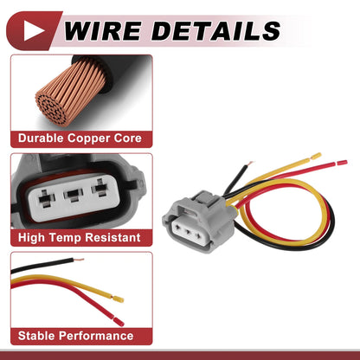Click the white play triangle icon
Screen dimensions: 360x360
[x=32, y=30]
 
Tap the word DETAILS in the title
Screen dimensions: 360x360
[x=215, y=30]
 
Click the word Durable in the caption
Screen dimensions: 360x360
[x=41, y=138]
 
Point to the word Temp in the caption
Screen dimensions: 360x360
[x=66, y=237]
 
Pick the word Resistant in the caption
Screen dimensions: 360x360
[x=112, y=237]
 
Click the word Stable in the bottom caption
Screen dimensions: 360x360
[x=38, y=336]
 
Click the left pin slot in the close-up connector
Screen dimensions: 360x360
[x=46, y=199]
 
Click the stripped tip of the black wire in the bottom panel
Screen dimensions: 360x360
[x=79, y=260]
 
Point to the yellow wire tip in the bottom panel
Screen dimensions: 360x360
[x=118, y=299]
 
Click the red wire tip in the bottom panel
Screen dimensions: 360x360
[x=119, y=322]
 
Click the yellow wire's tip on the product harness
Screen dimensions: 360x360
[x=316, y=156]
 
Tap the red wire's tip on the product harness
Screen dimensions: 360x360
[x=342, y=163]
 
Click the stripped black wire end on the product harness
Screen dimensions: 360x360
[x=250, y=164]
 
